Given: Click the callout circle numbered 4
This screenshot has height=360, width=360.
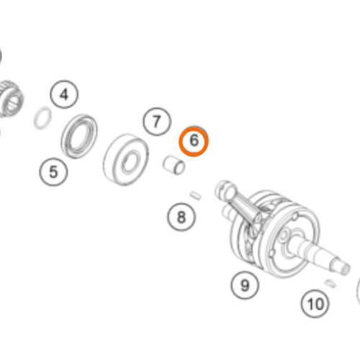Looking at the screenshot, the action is coord(64,94).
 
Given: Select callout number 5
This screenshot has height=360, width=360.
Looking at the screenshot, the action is coord(53,171).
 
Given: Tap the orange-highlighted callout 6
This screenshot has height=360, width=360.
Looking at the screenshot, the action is coord(194,141).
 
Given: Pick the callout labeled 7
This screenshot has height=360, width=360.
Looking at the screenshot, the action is coord(157,122).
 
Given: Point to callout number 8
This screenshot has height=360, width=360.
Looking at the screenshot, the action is coord(181,217).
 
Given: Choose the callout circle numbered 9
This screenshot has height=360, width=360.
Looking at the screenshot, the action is coord(245,285).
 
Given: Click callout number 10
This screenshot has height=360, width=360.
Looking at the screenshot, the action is coord(315,304).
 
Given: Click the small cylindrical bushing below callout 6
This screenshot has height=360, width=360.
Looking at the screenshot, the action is coord(174,165).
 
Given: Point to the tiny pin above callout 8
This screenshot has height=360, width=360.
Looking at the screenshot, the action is coord(196,195).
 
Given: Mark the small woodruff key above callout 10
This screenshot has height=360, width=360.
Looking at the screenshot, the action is coord(330,283).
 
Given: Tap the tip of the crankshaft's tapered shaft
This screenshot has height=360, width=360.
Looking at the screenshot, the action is coord(345,268).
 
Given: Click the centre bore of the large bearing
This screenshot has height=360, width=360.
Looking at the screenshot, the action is coord(130,161).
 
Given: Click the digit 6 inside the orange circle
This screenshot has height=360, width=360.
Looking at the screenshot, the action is coord(194,140).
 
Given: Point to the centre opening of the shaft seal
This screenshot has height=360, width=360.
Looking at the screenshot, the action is coord(79,136).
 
